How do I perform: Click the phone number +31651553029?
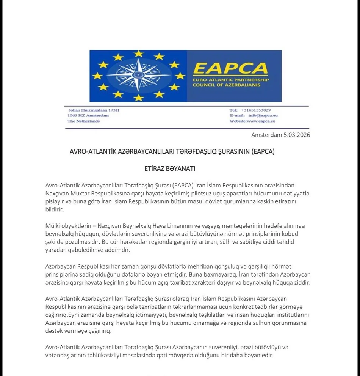256,110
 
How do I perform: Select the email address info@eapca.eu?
261,115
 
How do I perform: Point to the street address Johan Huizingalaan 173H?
93,110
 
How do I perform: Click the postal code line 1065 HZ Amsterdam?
88,115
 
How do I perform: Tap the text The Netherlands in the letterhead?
83,121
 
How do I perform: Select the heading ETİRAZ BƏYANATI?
170,168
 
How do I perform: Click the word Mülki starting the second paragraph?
53,225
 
